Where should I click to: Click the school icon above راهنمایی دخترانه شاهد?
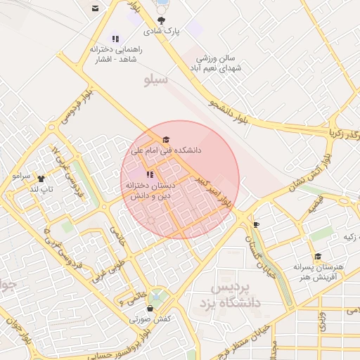(x=115, y=39)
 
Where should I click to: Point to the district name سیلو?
(x=155, y=79)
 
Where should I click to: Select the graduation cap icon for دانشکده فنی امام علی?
(x=166, y=140)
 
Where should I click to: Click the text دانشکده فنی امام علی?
(x=167, y=150)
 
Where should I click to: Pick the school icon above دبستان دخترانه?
(x=149, y=174)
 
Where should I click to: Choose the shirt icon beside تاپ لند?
(x=40, y=179)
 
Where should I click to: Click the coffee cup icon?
(x=256, y=225)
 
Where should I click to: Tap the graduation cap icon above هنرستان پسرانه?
(x=318, y=257)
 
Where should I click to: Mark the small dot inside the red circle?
(x=150, y=219)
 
